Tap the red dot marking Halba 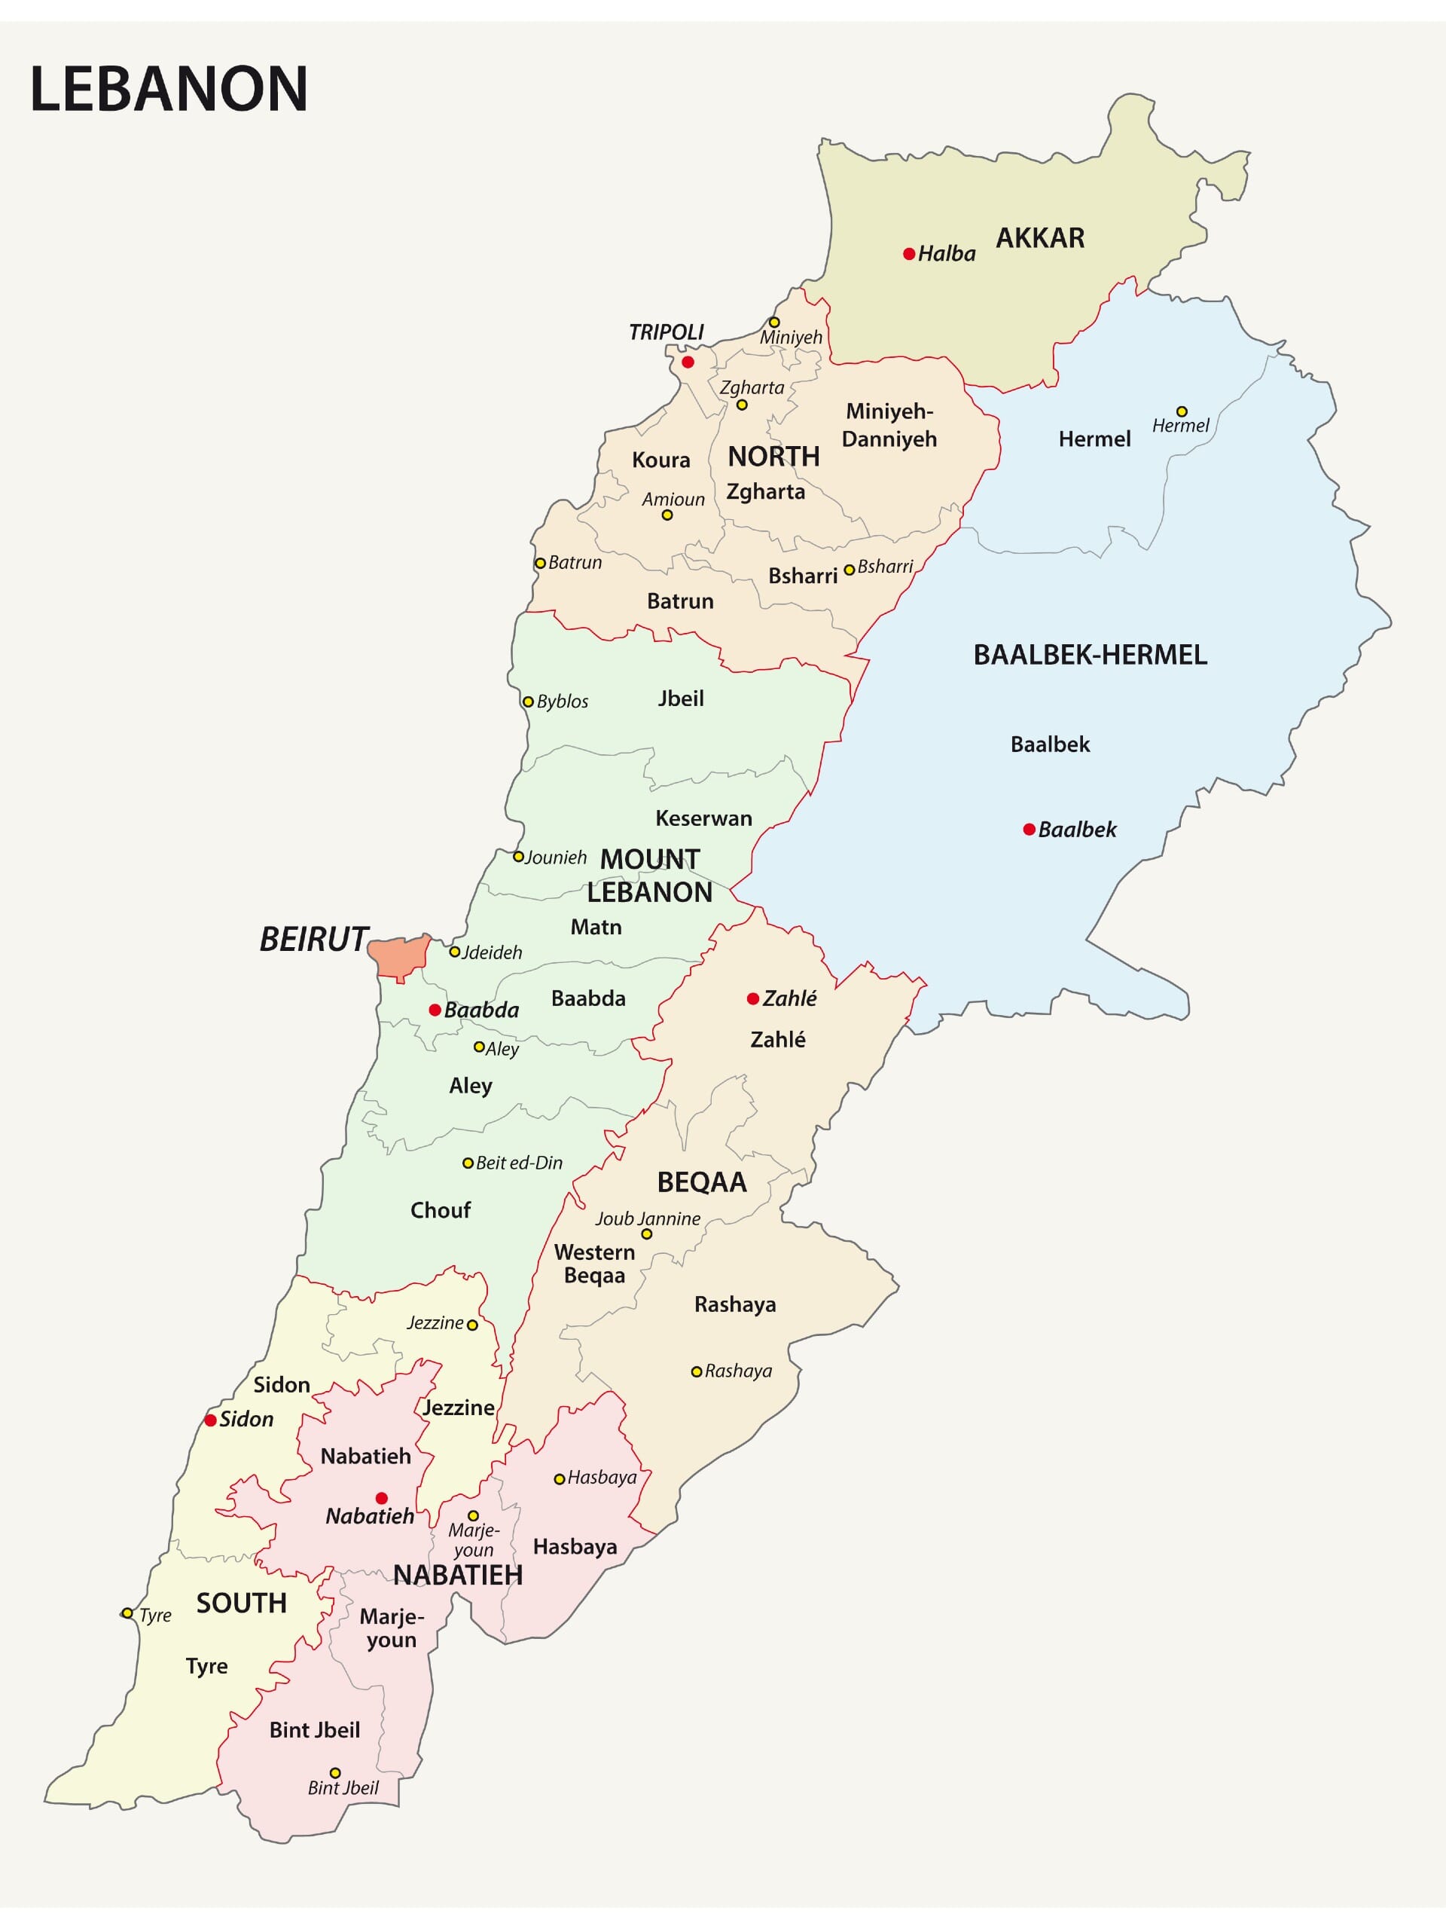pos(909,254)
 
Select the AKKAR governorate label pos(1040,238)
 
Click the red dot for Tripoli pos(688,362)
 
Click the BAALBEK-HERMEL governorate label pos(1090,655)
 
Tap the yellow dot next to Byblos pos(527,701)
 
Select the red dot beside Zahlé pos(753,998)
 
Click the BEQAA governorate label pos(702,1182)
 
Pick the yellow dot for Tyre pos(127,1613)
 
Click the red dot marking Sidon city pos(210,1420)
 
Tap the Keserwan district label pos(703,818)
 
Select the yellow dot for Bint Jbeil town pos(334,1773)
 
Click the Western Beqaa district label pos(594,1264)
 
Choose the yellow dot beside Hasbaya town pos(560,1479)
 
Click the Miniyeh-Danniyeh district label pos(889,425)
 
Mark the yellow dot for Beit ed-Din pos(468,1163)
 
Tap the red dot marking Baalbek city pos(1030,830)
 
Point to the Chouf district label pos(440,1210)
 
